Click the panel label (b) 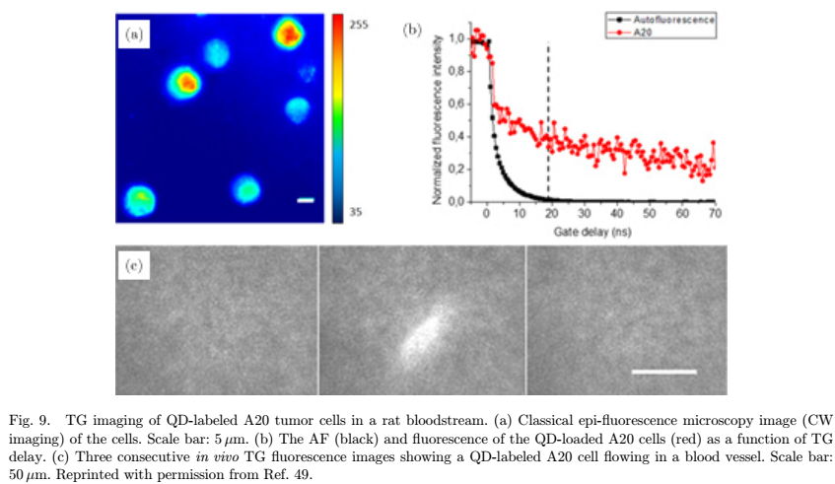[x=412, y=31]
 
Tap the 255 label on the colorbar [x=359, y=26]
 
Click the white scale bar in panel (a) [x=306, y=201]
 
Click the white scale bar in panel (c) [x=663, y=372]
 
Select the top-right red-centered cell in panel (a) [x=287, y=35]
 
